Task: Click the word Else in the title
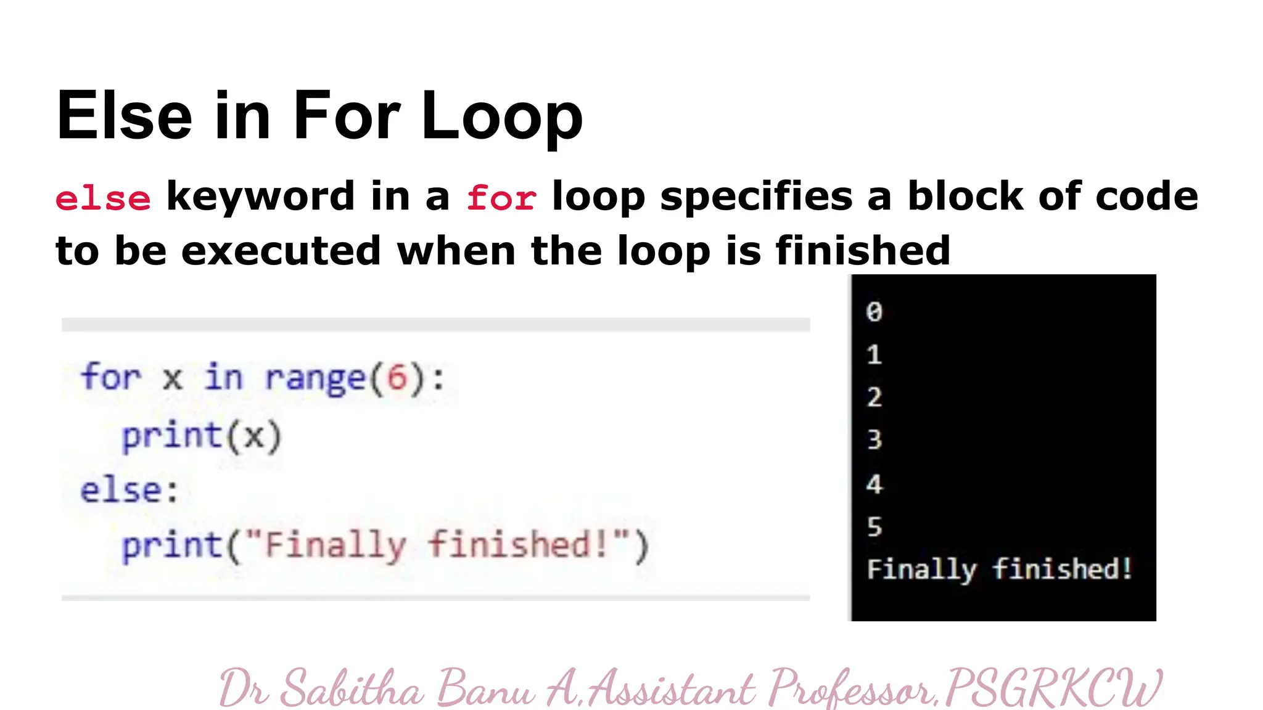tap(124, 115)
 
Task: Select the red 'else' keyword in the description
tap(103, 198)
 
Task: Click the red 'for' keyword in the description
tap(501, 198)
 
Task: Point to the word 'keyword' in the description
tap(260, 196)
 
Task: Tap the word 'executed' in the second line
tap(281, 251)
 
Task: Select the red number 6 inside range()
tap(397, 377)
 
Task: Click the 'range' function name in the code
tap(315, 377)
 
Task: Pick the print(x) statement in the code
tap(201, 436)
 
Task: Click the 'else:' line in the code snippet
tap(130, 491)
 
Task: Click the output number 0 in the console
tap(874, 312)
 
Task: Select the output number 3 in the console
tap(874, 439)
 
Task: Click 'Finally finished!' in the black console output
tap(999, 569)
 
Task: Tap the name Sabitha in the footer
tap(352, 688)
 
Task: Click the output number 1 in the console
tap(874, 354)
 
